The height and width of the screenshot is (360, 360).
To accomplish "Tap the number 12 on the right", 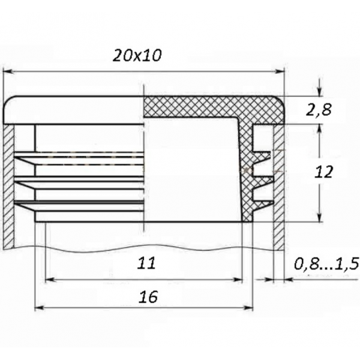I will coord(324,172).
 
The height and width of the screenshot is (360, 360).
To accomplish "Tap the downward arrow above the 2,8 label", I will coord(320,91).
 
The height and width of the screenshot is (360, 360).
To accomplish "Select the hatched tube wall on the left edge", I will coord(8,186).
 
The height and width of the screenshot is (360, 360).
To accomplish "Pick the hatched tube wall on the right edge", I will coord(278,186).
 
